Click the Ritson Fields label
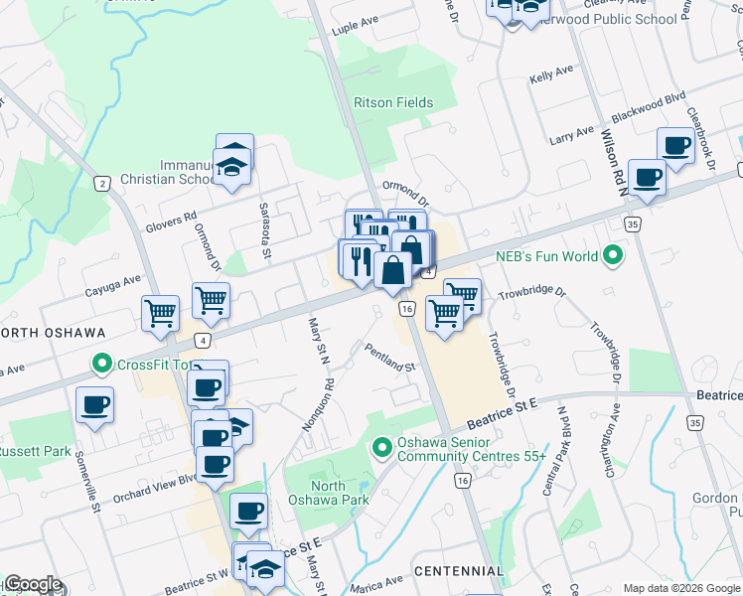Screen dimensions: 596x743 (393, 102)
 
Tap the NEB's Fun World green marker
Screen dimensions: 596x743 (613, 257)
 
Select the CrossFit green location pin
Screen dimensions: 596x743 (101, 365)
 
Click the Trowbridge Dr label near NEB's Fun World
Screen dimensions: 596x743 (531, 294)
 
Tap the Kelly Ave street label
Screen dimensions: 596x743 (552, 74)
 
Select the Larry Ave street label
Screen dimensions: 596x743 (571, 136)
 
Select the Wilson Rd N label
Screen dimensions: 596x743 (610, 159)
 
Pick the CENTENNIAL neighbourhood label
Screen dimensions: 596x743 (459, 571)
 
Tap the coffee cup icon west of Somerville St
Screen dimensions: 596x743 (94, 404)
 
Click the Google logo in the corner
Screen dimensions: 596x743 (33, 584)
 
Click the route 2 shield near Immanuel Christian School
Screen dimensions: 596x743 (101, 183)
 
